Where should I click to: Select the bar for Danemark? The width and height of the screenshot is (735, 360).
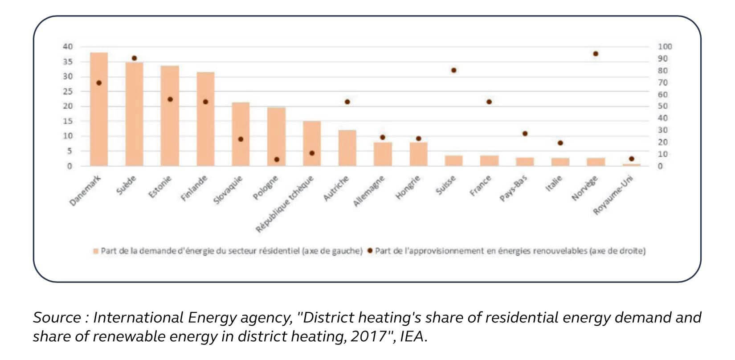coord(99,109)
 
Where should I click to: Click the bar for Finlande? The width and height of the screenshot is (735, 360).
coord(205,119)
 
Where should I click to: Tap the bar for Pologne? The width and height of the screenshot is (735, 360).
coord(276,136)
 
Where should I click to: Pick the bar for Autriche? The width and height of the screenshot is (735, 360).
coord(347,148)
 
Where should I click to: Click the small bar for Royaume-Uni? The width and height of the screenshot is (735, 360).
coord(631,165)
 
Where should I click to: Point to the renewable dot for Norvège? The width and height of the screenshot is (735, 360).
coord(596,54)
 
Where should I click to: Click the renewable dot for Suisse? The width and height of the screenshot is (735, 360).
coord(454,70)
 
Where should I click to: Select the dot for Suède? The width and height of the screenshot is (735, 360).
coord(135,58)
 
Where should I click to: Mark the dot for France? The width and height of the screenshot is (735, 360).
coord(489,102)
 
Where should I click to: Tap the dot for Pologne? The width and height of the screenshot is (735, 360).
coord(277,159)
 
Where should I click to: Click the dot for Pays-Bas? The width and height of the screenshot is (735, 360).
coord(525,134)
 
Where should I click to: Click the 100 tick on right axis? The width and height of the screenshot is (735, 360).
coord(665,47)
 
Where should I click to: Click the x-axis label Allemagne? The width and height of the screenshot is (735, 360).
coord(369,191)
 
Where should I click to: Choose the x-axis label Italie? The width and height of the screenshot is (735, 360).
coord(554,184)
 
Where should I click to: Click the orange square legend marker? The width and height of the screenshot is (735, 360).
coord(95,251)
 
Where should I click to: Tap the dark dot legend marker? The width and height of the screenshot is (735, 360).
coord(370,251)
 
